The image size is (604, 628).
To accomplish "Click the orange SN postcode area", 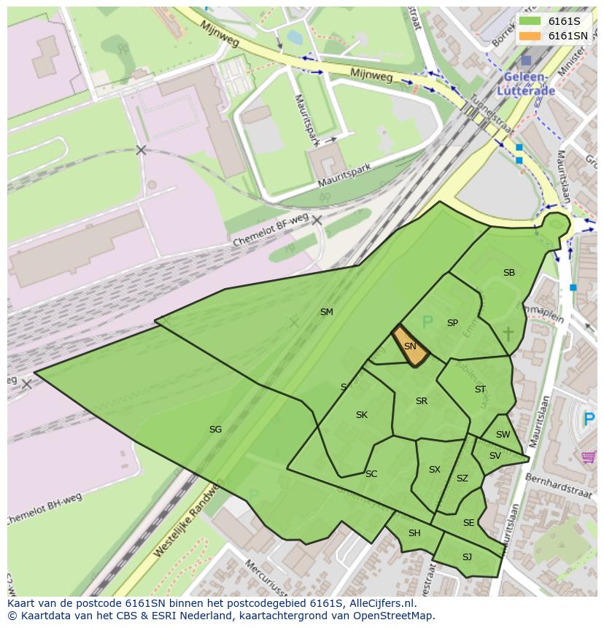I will (x=410, y=346).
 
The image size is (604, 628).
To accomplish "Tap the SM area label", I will (x=326, y=312).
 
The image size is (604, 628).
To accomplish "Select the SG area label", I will (x=215, y=430).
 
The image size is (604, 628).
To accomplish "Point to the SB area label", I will (x=509, y=273).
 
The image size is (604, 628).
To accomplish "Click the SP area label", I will (x=452, y=323).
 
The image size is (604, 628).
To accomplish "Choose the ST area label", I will (x=480, y=389).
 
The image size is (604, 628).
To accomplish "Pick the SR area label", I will (x=422, y=401).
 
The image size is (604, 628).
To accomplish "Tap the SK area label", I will (x=362, y=415).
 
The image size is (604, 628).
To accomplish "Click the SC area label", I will (x=371, y=474).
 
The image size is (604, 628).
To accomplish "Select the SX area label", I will (x=435, y=470).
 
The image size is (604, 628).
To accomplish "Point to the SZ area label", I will (x=462, y=478).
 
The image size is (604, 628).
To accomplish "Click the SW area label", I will (x=503, y=435).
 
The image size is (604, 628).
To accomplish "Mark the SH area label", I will (x=414, y=533).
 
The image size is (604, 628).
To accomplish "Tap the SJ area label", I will (x=467, y=557).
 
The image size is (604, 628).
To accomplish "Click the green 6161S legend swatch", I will (x=530, y=21).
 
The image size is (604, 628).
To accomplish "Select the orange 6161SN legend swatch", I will (x=530, y=36).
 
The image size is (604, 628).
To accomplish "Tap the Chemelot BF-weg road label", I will (x=271, y=231).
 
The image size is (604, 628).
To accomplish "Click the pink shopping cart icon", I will (x=589, y=457).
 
